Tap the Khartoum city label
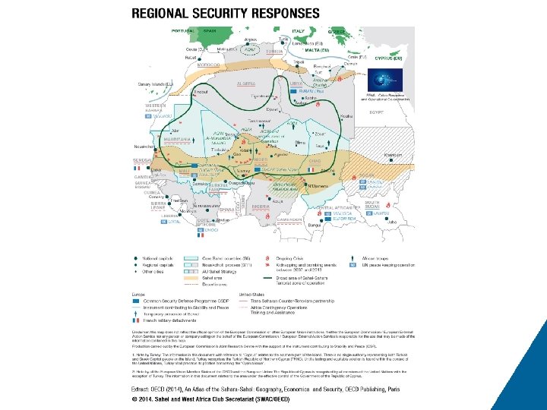tap(394, 154)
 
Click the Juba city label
tap(393, 222)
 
